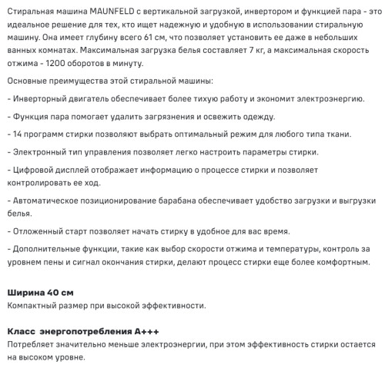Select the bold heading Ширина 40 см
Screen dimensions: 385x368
click(40, 293)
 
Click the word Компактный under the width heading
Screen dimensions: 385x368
click(35, 306)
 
